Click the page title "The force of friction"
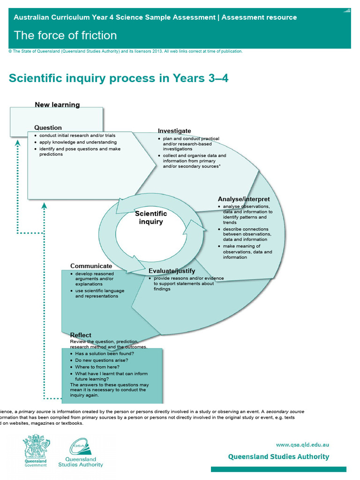[x=65, y=36]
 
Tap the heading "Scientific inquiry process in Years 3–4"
[x=119, y=78]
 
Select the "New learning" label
[x=57, y=105]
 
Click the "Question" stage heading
[x=48, y=127]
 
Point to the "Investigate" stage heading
[x=174, y=131]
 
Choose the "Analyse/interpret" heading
[x=244, y=199]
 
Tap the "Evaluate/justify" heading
[x=172, y=271]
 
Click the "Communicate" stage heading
[x=91, y=266]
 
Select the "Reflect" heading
[x=81, y=335]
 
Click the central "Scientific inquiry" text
[x=151, y=217]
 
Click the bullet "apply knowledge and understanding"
[x=78, y=142]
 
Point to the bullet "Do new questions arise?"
[x=102, y=360]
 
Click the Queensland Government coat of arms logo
[x=36, y=449]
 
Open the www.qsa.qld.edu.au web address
[x=302, y=445]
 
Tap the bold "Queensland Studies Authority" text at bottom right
[x=278, y=457]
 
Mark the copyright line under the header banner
[x=126, y=52]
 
